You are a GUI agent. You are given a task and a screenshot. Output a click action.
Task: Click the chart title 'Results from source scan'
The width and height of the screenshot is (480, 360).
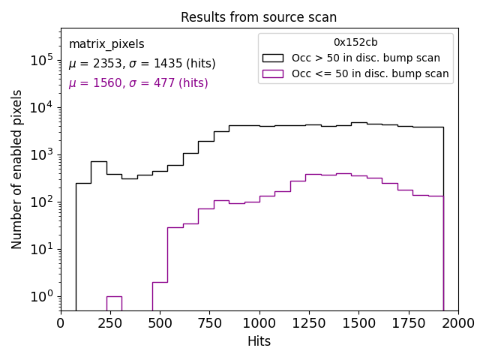[x=259, y=17]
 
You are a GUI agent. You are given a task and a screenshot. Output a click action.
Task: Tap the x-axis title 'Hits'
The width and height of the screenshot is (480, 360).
[x=259, y=341]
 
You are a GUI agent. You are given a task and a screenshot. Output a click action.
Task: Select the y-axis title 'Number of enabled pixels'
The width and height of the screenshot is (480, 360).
[x=17, y=169]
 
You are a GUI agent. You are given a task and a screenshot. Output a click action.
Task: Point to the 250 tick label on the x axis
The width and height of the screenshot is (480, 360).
[x=110, y=322]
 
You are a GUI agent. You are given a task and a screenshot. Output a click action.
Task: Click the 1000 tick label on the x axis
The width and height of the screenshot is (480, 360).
[x=259, y=322]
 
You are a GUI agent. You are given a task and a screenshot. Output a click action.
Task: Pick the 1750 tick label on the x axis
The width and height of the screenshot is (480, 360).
[x=408, y=322]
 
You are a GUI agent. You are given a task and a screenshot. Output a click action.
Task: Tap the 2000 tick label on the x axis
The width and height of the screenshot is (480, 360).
[x=457, y=322]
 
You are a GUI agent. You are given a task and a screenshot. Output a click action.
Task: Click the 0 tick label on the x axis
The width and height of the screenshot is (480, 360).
[x=61, y=322]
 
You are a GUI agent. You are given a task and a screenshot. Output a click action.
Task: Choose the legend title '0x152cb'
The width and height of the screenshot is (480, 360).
[x=355, y=42]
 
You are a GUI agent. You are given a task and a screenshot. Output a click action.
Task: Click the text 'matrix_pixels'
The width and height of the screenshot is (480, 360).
[x=106, y=44]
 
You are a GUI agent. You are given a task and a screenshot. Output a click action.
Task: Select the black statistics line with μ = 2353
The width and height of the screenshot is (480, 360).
[x=142, y=64]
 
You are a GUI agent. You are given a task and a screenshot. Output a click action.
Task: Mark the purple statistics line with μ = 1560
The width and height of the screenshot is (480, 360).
[x=138, y=83]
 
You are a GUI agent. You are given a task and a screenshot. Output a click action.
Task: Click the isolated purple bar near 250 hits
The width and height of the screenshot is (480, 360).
[x=114, y=303]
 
